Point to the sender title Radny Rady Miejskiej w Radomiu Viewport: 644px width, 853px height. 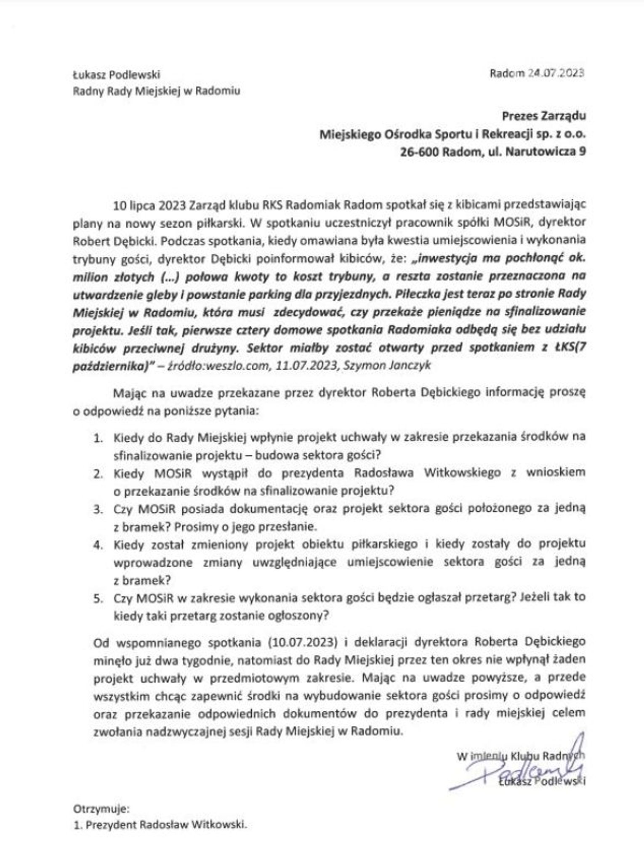pos(157,91)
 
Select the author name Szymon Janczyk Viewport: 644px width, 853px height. pos(387,365)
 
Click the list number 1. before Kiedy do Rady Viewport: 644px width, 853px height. pos(98,438)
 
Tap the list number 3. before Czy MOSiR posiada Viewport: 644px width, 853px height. pos(98,509)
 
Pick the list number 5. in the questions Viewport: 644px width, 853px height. pos(98,598)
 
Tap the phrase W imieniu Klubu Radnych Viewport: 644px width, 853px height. pos(520,756)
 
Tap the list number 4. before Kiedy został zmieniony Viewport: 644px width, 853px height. pos(98,545)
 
